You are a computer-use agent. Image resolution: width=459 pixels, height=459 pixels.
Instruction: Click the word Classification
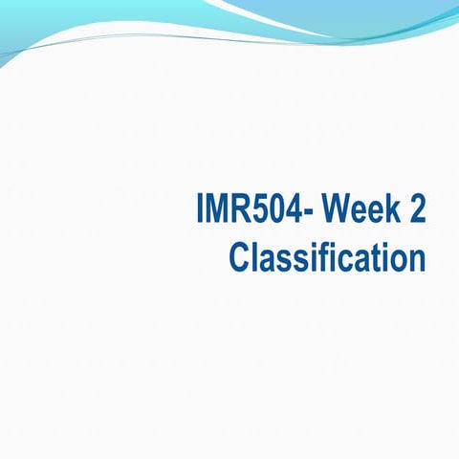(x=327, y=257)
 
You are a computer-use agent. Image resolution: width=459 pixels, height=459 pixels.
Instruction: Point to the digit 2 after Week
(x=416, y=211)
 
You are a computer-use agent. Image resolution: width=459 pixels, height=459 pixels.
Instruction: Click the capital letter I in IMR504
(x=199, y=211)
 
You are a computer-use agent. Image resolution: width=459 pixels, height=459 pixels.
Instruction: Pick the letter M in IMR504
(x=214, y=211)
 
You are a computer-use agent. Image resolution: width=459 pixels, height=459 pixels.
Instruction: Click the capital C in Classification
(x=240, y=257)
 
